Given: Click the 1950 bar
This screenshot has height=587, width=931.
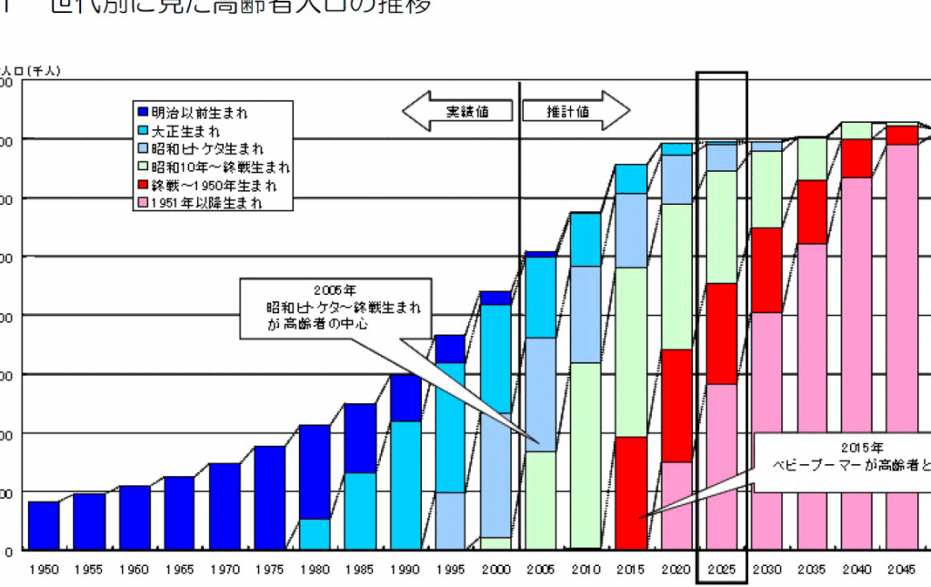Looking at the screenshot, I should [44, 525].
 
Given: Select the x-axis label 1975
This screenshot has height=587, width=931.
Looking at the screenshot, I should [270, 569].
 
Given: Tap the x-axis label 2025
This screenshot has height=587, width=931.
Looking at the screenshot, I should [721, 569].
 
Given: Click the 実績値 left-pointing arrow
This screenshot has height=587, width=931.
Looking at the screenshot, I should [458, 112].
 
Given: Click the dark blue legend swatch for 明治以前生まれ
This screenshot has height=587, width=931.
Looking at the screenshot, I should [143, 113].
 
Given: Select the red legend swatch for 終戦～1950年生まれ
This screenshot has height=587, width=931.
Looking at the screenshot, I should [143, 186].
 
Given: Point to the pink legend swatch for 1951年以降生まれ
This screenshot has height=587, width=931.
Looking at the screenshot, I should [143, 204].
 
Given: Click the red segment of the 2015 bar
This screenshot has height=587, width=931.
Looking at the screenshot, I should [631, 493].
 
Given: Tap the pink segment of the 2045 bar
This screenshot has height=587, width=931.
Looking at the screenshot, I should [902, 346].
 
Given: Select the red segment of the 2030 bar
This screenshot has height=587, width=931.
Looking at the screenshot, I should [766, 269].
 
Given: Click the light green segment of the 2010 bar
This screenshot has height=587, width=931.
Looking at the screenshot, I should [586, 455].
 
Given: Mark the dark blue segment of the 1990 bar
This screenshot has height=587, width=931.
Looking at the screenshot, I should [405, 398].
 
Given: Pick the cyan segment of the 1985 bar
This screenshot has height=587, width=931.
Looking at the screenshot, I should [360, 511].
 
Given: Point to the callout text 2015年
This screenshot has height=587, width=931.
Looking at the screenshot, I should [861, 448].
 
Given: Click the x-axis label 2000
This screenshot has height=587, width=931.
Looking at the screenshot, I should [496, 569].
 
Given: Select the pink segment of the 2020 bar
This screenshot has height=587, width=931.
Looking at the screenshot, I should [676, 505].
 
